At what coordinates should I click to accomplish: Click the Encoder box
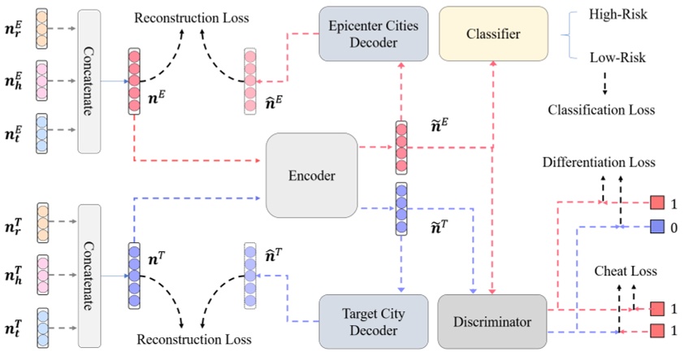[312, 175]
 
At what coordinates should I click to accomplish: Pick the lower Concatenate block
[93, 266]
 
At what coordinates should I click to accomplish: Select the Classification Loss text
[601, 109]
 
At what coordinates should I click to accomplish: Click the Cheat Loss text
[620, 271]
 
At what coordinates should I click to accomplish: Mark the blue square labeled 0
[657, 228]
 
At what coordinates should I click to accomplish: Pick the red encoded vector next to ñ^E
[401, 147]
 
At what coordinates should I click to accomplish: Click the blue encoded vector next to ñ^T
[401, 210]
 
